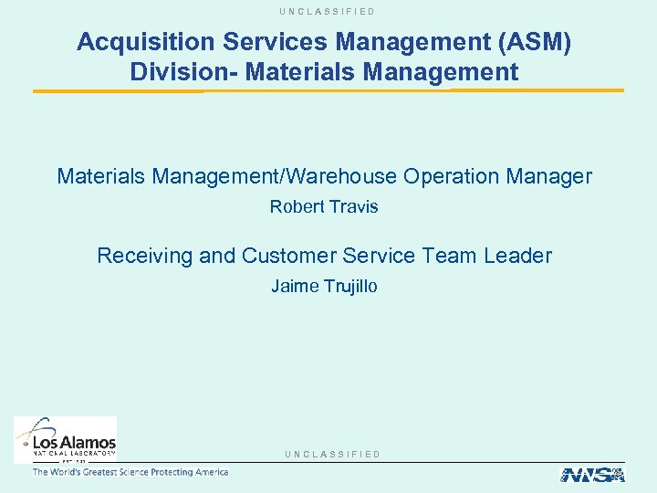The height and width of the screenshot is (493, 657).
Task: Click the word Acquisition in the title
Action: (133, 42)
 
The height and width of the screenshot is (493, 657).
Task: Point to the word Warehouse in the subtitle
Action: (332, 176)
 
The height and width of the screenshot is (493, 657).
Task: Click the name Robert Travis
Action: (324, 207)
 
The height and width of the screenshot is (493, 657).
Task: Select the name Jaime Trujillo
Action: (324, 287)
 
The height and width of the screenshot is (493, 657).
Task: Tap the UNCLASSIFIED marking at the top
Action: (328, 11)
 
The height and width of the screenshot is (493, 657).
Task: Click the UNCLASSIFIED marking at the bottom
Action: (332, 454)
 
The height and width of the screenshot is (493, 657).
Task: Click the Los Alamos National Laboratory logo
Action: (66, 438)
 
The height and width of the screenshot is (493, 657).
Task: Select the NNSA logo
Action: (591, 475)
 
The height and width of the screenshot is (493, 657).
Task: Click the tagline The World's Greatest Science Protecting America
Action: (130, 472)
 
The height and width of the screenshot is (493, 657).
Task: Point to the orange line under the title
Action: (328, 90)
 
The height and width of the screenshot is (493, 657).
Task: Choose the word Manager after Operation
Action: (551, 176)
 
